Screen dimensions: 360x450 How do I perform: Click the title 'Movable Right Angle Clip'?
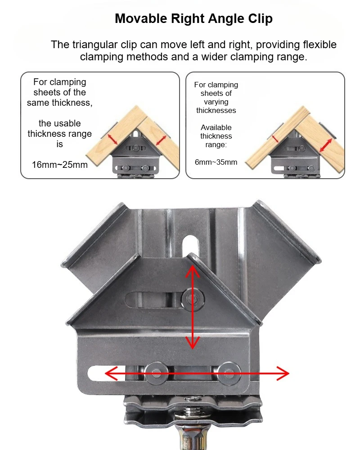click(x=193, y=19)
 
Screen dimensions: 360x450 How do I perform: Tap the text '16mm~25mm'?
click(x=59, y=164)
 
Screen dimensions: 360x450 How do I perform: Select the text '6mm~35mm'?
click(x=216, y=162)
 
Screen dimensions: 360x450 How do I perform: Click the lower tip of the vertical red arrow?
click(x=193, y=347)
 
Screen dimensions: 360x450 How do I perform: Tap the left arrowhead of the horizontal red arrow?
click(x=107, y=373)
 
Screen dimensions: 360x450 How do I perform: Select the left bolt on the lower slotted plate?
click(x=158, y=373)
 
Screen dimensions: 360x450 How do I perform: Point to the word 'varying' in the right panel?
click(x=216, y=102)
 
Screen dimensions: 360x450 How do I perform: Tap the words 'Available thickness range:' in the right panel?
click(x=216, y=136)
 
